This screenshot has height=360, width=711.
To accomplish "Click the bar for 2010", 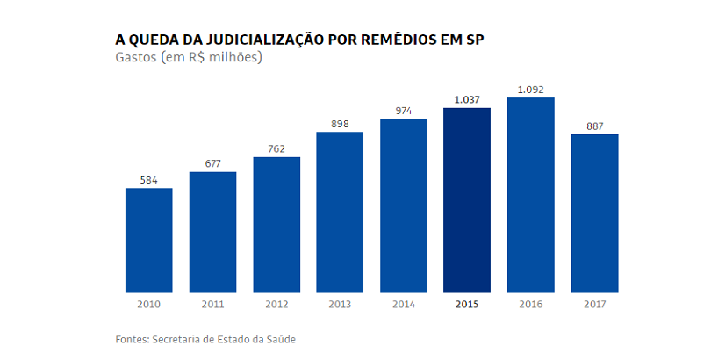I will click(x=148, y=240).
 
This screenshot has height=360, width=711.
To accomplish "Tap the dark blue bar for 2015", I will click(x=467, y=199).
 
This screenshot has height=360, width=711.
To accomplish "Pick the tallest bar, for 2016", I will click(x=530, y=194).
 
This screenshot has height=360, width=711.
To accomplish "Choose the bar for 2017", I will click(x=594, y=212).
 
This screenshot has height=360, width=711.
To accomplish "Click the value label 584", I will click(x=148, y=180).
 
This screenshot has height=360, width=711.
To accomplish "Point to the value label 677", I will click(x=212, y=163).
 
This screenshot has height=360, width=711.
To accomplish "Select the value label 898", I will click(x=340, y=124).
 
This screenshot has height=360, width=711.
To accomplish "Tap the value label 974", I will click(x=403, y=111).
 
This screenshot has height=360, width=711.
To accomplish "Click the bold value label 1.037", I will click(x=467, y=100).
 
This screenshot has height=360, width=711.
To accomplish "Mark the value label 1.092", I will click(x=530, y=90).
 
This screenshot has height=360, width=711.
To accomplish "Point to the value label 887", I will click(x=594, y=126).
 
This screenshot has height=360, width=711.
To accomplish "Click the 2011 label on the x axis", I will click(x=212, y=305).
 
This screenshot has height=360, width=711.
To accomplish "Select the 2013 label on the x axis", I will click(x=340, y=305).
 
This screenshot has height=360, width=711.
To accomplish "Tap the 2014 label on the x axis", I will click(x=403, y=305).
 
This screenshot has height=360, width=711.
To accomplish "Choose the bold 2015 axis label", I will click(x=467, y=305).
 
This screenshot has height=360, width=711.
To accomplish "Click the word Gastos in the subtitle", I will click(x=136, y=58).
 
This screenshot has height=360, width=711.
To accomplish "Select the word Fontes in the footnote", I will click(x=132, y=339).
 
